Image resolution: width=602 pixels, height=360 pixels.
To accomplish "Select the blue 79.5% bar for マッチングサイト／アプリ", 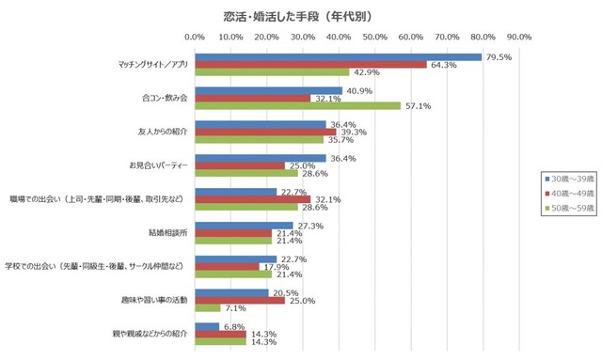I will (x=338, y=57).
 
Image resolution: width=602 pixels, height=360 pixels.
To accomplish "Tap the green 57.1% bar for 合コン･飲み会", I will (x=297, y=106).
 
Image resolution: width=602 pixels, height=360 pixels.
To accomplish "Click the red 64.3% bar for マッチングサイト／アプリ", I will (x=310, y=65).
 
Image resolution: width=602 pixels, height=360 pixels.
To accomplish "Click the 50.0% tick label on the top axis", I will (x=374, y=38).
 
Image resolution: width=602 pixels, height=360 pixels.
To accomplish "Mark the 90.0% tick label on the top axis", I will (x=518, y=38).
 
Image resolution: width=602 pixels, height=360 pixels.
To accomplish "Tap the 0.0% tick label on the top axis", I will (x=195, y=38).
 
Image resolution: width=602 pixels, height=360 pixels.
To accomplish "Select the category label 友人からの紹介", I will (x=164, y=132).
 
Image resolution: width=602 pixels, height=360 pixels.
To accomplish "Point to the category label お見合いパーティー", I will (x=159, y=165).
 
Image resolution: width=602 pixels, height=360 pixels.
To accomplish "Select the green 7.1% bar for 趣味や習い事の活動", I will (x=207, y=308).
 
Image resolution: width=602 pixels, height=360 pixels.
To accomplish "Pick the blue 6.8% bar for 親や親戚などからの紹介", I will (x=207, y=326).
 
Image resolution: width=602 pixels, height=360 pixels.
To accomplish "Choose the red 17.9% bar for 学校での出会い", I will (x=227, y=267).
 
